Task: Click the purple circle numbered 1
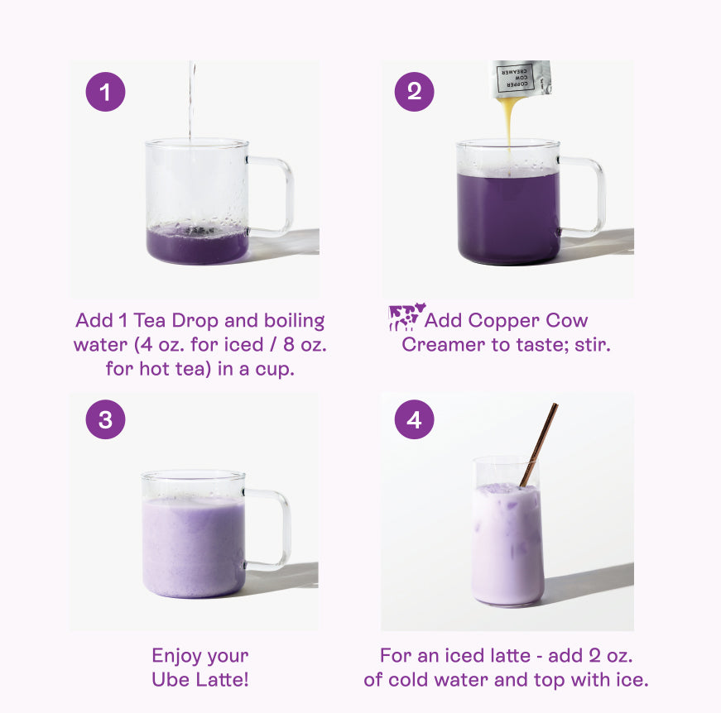[x=105, y=92]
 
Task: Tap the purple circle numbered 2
[x=414, y=92]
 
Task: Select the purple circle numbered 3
[x=105, y=419]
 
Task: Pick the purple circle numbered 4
[x=414, y=419]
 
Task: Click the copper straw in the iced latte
[x=539, y=444]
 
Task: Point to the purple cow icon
[x=406, y=317]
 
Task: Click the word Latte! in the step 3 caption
[x=223, y=679]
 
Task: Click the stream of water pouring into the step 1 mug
[x=191, y=101]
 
